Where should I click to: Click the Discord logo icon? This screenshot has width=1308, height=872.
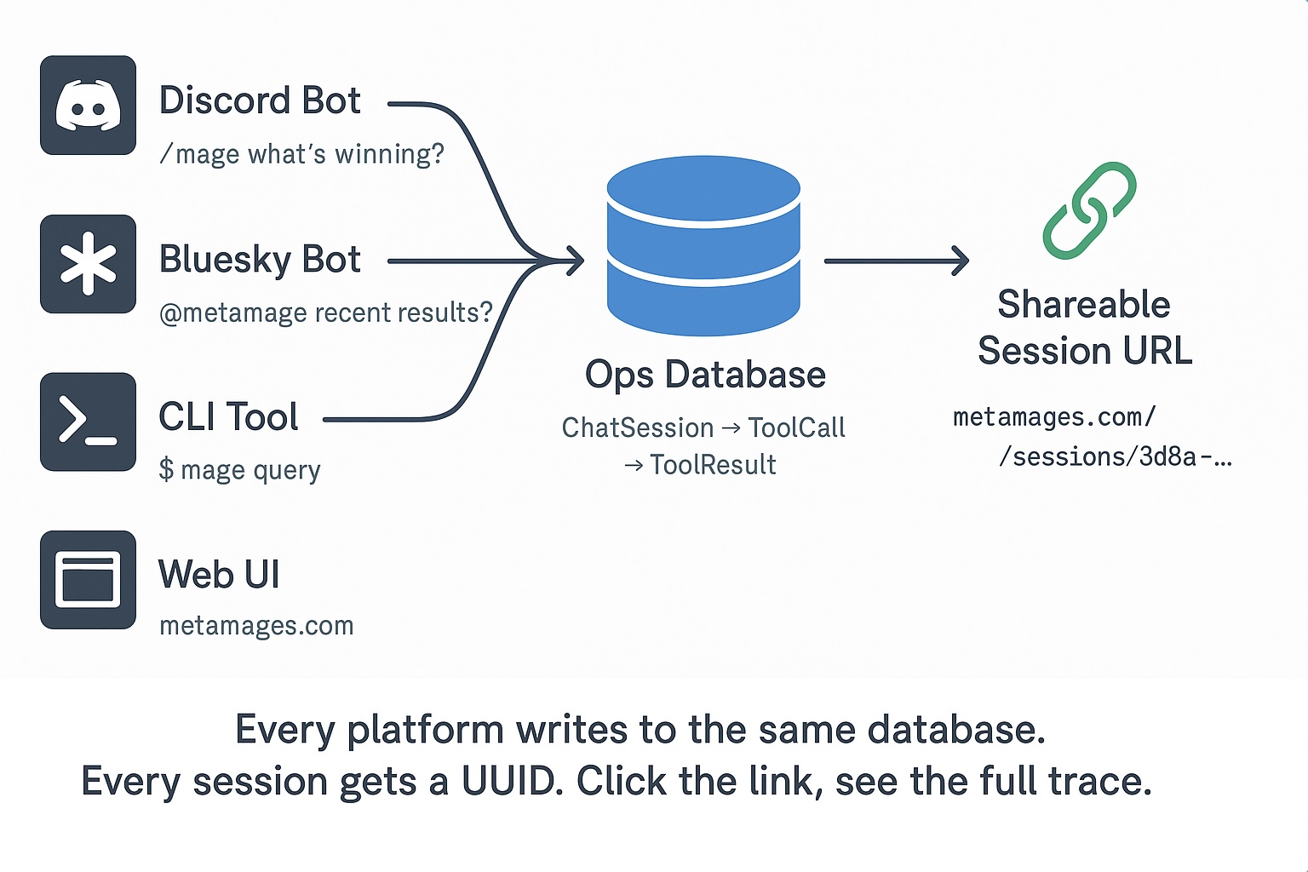coord(88,106)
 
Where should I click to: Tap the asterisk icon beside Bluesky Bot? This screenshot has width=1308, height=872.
coord(88,264)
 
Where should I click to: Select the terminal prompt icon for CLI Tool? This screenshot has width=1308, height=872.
coord(88,422)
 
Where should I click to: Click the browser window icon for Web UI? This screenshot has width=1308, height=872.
coord(88,580)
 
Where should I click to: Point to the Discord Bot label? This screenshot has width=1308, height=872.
coord(260,100)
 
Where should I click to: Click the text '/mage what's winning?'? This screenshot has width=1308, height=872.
coord(302,154)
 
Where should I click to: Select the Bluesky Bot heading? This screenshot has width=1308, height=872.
coord(260,260)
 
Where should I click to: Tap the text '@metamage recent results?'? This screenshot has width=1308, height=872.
coord(325,313)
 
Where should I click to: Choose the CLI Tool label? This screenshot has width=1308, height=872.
coord(228,417)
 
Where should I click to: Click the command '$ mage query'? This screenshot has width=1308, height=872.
coord(240,470)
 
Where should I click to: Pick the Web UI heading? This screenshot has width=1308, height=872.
coord(219,575)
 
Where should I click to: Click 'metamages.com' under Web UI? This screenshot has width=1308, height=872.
coord(256,626)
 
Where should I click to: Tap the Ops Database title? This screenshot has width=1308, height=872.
coord(705,375)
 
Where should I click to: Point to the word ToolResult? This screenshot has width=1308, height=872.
coord(713,465)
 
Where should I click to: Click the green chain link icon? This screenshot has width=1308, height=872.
coord(1089,210)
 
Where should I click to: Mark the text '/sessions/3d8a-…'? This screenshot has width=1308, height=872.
coord(1114,457)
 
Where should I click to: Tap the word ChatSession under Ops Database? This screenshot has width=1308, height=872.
coord(638,427)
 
